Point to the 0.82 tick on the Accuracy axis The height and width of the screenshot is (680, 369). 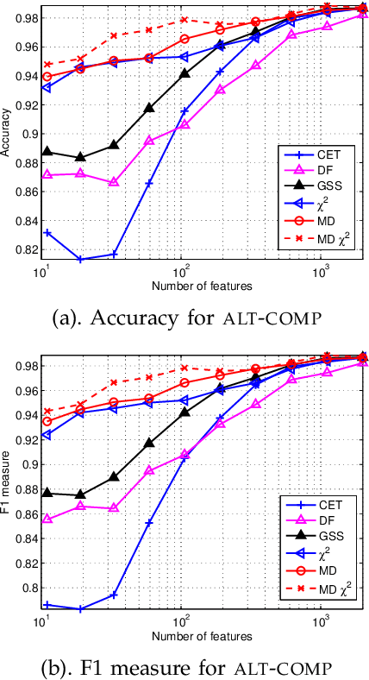pos(26,249)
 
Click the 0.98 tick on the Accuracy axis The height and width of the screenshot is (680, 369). pos(26,18)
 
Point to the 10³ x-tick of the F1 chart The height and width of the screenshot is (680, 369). pos(321,626)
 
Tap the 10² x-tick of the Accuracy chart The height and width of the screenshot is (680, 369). pos(180,273)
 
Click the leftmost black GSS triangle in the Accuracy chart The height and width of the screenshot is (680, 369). pos(47,152)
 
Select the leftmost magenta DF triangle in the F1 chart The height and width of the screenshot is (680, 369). pos(47,519)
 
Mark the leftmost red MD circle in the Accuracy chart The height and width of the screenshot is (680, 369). pos(47,77)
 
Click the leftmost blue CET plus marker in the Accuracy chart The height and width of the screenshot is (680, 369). pos(47,233)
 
